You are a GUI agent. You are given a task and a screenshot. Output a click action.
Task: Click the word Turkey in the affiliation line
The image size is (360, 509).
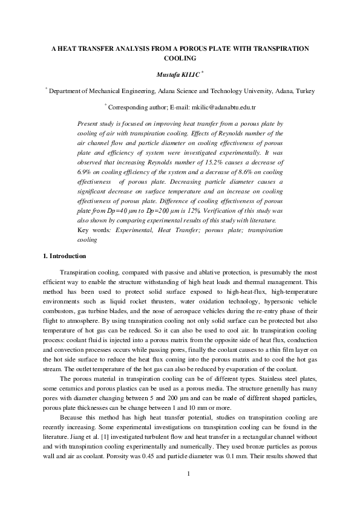tap(304, 90)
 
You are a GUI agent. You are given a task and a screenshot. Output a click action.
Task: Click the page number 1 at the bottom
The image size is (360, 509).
tap(189, 489)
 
